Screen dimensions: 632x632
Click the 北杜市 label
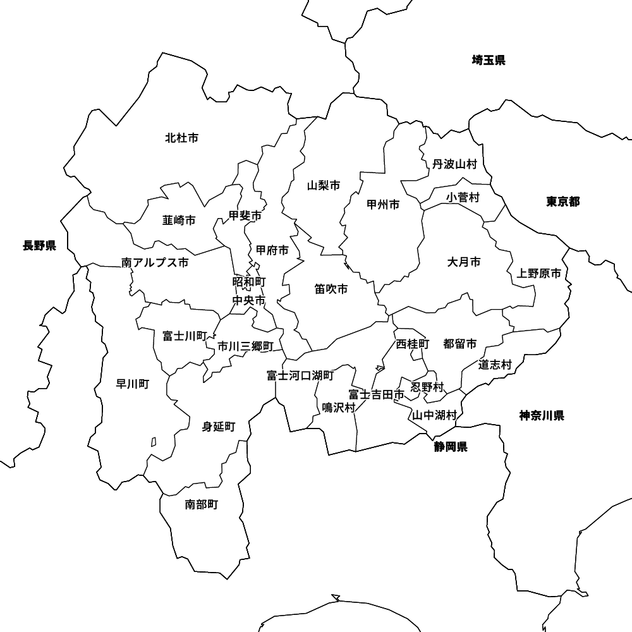[181, 137]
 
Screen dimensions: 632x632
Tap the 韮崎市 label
[179, 220]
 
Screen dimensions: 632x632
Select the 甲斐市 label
[245, 216]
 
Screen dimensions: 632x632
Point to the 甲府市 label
[272, 250]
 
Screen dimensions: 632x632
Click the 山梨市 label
[324, 185]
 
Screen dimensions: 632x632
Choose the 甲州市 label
[383, 204]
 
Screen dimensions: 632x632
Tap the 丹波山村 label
[454, 164]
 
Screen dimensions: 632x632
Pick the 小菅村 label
[463, 197]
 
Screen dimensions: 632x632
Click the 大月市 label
[464, 262]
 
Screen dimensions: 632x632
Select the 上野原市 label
[538, 274]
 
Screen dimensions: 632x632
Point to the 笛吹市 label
[331, 289]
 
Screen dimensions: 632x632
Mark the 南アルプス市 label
[155, 262]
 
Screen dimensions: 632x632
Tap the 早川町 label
[133, 384]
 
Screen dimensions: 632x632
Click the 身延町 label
[218, 427]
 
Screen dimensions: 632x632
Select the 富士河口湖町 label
[300, 375]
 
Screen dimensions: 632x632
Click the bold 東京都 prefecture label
[563, 202]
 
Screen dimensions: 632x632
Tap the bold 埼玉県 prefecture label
[489, 60]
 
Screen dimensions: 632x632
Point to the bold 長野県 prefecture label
[39, 246]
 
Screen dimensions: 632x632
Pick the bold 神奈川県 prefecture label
[542, 415]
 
